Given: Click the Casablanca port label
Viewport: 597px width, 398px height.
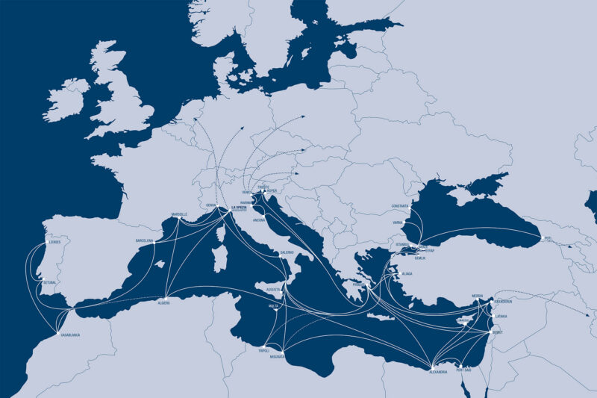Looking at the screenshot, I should click(x=71, y=335).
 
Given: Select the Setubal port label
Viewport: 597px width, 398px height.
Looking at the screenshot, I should click(x=50, y=283).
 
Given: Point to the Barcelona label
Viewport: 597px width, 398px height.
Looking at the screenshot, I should click(x=145, y=240).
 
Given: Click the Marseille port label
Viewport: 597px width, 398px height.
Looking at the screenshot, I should click(x=180, y=214).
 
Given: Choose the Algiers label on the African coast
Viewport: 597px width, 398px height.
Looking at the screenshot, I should click(x=164, y=302).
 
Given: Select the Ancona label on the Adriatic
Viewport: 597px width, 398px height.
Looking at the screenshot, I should click(x=260, y=221).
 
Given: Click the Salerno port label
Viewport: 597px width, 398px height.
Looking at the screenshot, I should click(x=287, y=252).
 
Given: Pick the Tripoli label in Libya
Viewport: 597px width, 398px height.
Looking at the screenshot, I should click(x=263, y=349).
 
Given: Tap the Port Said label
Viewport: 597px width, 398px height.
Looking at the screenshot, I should click(x=463, y=370).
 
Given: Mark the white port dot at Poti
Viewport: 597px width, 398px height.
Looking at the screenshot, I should click(x=539, y=237).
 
